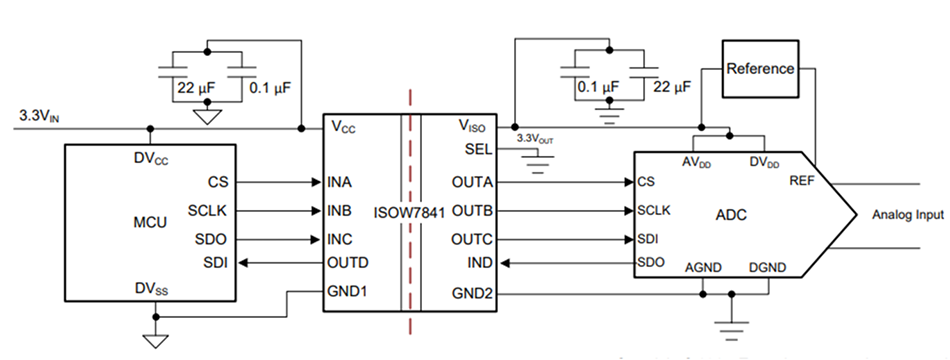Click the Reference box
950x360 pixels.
(x=760, y=69)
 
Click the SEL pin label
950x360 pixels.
(x=479, y=148)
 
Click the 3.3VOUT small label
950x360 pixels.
(x=530, y=140)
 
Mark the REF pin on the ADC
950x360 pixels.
(x=802, y=181)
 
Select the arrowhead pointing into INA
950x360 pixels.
(x=314, y=183)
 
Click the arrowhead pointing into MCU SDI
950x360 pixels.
(x=242, y=263)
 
